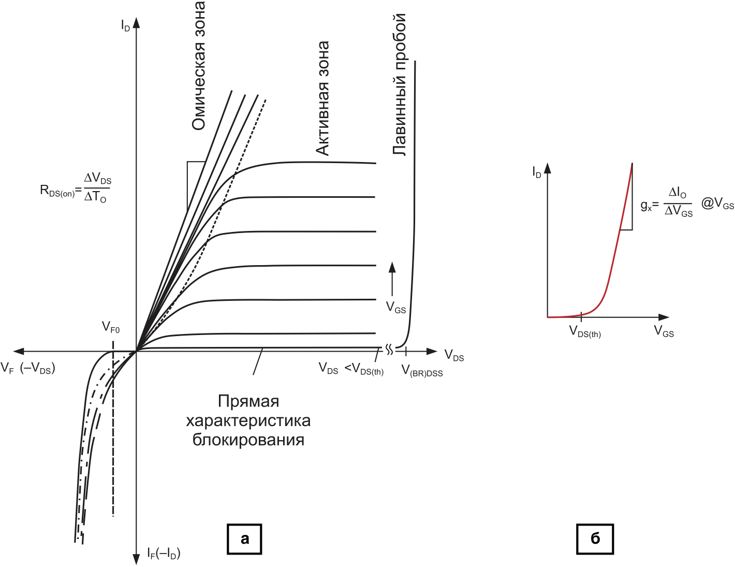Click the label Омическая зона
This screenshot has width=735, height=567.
[198, 66]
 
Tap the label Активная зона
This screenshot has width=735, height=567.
[322, 98]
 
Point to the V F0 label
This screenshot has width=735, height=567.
[111, 327]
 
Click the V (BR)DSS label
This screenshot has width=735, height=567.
[422, 371]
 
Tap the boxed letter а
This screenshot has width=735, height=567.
[245, 539]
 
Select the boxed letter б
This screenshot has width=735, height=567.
[595, 539]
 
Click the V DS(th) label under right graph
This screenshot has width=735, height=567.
[585, 331]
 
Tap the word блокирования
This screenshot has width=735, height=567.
[248, 440]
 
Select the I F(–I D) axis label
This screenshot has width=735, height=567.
[164, 554]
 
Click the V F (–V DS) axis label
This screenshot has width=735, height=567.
[28, 369]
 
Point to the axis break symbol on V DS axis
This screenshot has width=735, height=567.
[389, 350]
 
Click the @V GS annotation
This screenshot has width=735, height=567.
[717, 203]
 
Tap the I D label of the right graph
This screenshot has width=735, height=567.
[537, 172]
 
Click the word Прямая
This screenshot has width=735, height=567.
[248, 401]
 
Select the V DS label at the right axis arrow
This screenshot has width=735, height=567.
[454, 356]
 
